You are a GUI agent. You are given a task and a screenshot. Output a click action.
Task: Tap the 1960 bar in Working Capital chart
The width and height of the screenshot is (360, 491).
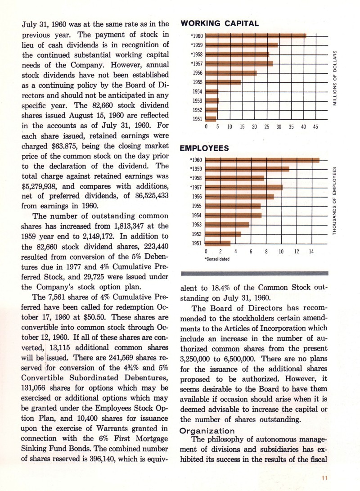coord(256,36)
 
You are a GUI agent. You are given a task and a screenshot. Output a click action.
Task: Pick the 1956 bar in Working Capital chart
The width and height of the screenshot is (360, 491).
coord(231,73)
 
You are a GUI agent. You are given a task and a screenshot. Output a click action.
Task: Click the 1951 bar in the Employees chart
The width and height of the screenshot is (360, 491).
coord(218,243)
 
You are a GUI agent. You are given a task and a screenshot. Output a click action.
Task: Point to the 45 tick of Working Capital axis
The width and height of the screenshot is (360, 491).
coord(315,127)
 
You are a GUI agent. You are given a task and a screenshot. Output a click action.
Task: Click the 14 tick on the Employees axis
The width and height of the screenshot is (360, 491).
coord(311,251)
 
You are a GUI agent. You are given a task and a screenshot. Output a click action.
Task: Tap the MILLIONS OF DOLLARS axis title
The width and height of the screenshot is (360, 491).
coord(335,76)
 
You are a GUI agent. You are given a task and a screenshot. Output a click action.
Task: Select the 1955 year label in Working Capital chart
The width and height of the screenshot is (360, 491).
coord(197,82)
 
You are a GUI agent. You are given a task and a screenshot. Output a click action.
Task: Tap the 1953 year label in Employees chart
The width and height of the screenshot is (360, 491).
coord(197,225)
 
